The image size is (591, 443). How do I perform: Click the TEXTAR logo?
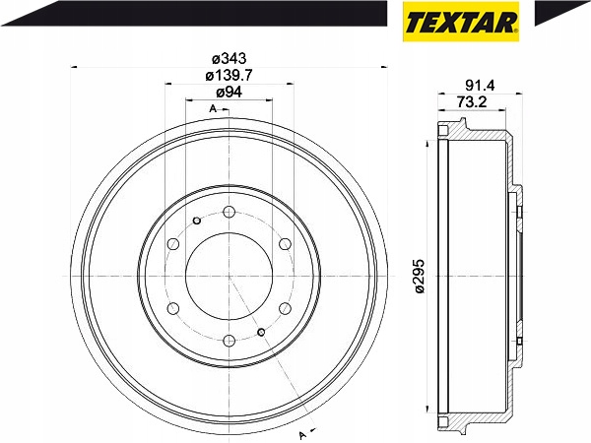click(461, 22)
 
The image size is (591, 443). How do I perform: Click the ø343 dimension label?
click(229, 59)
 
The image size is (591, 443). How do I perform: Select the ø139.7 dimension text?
click(229, 76)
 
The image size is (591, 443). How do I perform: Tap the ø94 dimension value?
click(229, 93)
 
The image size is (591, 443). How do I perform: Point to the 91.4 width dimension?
click(480, 86)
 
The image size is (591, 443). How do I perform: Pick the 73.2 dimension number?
click(472, 101)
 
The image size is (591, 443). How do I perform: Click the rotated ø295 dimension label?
click(420, 276)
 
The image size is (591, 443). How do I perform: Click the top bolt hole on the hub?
click(230, 212)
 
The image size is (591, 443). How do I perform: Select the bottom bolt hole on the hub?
click(230, 341)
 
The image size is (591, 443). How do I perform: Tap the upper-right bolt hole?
click(286, 244)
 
